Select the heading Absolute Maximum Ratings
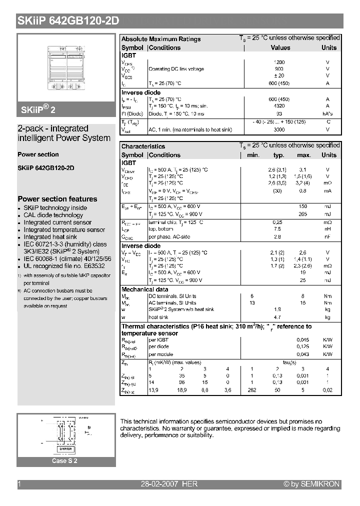pyautogui.click(x=161, y=39)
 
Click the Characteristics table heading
pyautogui.click(x=143, y=146)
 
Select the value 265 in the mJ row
pyautogui.click(x=302, y=213)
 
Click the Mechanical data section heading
pyautogui.click(x=144, y=289)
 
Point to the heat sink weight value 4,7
pyautogui.click(x=278, y=317)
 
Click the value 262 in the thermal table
pyautogui.click(x=252, y=389)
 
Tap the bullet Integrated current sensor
pyautogui.click(x=57, y=222)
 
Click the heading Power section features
pyautogui.click(x=57, y=199)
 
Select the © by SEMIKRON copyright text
pyautogui.click(x=311, y=484)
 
